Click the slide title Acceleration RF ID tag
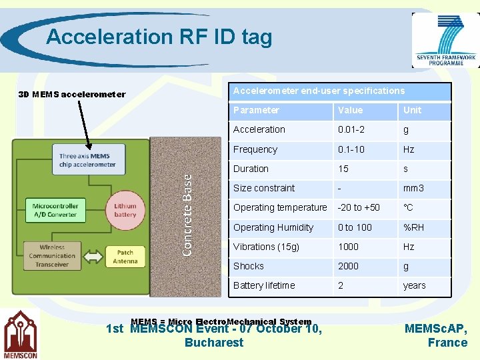(159, 37)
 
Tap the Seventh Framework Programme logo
(445, 40)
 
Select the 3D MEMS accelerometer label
(71, 94)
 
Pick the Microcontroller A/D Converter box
(55, 211)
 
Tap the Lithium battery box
(125, 211)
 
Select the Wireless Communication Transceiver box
(52, 256)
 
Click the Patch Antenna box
(125, 257)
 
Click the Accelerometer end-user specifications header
(319, 91)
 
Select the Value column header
(350, 110)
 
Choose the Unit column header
(412, 110)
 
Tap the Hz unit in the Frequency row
(409, 149)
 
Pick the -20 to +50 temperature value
(359, 207)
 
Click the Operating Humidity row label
(273, 227)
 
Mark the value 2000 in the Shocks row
(348, 266)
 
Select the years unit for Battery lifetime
(414, 285)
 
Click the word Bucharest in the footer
(214, 343)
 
